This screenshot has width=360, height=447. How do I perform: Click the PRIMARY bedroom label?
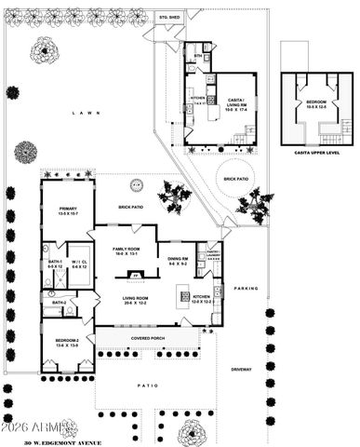coord(68,211)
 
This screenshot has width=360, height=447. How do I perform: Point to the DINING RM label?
coord(178,261)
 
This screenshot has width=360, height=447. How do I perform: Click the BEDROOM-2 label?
coord(67,342)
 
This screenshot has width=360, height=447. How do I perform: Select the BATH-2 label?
coord(58,303)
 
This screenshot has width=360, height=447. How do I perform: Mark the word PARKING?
coord(247,288)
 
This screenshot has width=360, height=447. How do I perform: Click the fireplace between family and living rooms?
coord(136,277)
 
